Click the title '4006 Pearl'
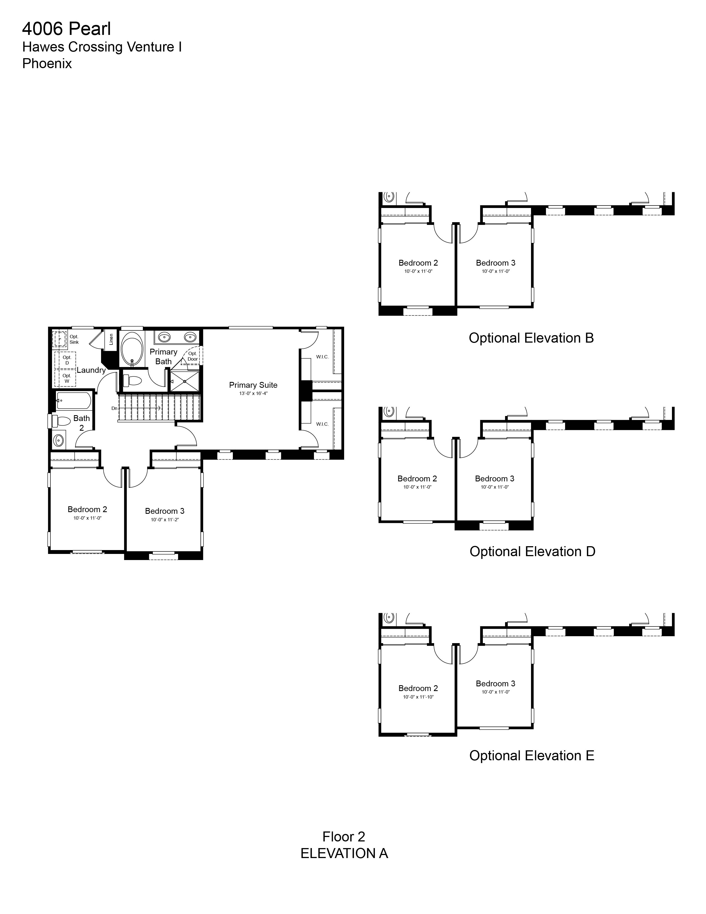pyautogui.click(x=66, y=29)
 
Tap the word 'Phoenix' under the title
pyautogui.click(x=47, y=64)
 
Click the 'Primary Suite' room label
pyautogui.click(x=253, y=385)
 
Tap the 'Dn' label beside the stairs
pyautogui.click(x=114, y=408)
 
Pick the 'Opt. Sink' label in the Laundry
pyautogui.click(x=74, y=339)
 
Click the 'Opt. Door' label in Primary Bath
pyautogui.click(x=192, y=356)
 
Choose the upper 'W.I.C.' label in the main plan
pyautogui.click(x=322, y=357)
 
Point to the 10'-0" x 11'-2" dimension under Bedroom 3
pyautogui.click(x=165, y=520)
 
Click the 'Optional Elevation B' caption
pyautogui.click(x=531, y=338)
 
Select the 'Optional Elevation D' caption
pyautogui.click(x=532, y=551)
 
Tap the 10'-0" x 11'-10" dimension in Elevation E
pyautogui.click(x=418, y=697)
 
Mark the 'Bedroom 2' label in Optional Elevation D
pyautogui.click(x=417, y=478)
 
